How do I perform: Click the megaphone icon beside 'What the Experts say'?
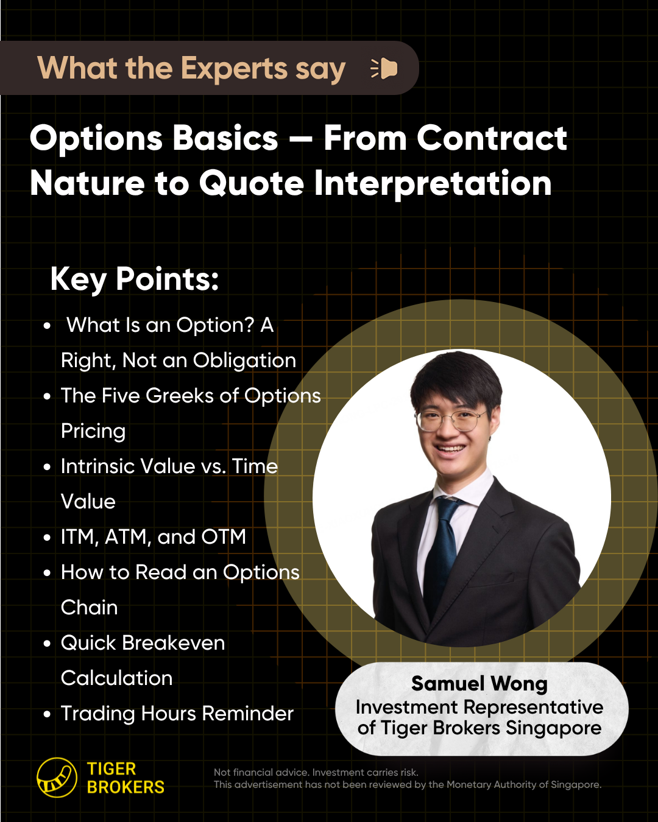coord(384,69)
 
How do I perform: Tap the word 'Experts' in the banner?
coord(234,69)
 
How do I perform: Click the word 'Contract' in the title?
coord(492,138)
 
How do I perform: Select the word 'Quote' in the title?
coord(251,184)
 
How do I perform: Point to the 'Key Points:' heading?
coord(135,279)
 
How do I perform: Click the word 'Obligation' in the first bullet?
coord(244,360)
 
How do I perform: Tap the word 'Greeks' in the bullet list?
coord(179,395)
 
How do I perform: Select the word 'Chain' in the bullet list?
coord(89,607)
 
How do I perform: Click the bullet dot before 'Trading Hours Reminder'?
coord(47,714)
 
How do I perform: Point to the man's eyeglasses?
coord(451,421)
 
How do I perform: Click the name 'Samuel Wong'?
coord(479,683)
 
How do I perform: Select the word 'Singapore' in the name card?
coord(554,728)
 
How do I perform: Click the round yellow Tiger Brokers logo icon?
coord(57,778)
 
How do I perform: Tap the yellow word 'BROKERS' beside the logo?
coord(126,787)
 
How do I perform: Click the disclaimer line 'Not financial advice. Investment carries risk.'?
coord(316,772)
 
